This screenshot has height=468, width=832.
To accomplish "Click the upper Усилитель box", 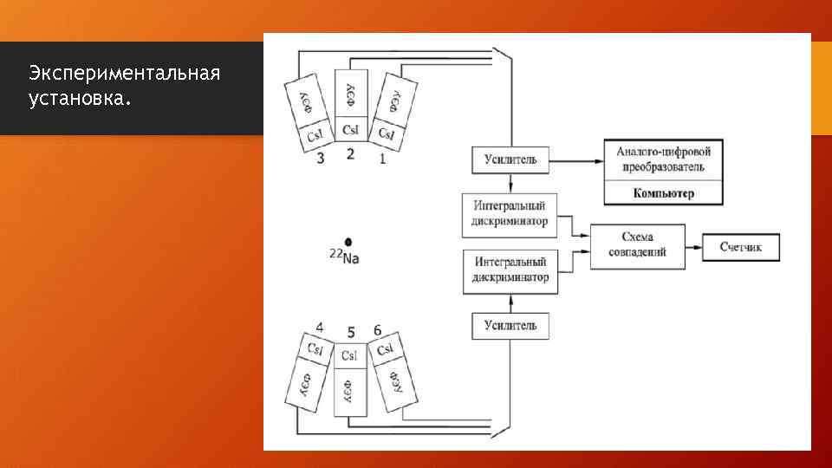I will point(510,159).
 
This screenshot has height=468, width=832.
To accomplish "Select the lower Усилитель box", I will point(510,326).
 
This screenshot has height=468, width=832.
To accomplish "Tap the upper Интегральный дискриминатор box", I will point(510,214).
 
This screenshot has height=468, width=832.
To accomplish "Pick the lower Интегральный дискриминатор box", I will point(510,270).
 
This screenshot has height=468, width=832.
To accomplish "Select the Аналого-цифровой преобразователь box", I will point(663,159).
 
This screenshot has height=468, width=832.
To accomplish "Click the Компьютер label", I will point(663,193).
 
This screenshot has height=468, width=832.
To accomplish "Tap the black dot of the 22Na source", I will point(348,242).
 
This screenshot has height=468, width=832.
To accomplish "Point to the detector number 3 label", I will point(321,159).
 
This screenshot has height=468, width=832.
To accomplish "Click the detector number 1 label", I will point(382,159).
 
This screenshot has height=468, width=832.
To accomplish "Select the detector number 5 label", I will point(350,332).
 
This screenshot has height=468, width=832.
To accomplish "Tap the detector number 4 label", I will point(320,328).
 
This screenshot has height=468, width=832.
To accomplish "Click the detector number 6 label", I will point(377,330).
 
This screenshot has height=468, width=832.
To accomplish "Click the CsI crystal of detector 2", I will point(350,130).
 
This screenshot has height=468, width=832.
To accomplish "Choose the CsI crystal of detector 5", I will point(350,355).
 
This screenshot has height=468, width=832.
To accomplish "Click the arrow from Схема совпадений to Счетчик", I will point(693,247).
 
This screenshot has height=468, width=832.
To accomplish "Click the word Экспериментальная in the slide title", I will point(123,72).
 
